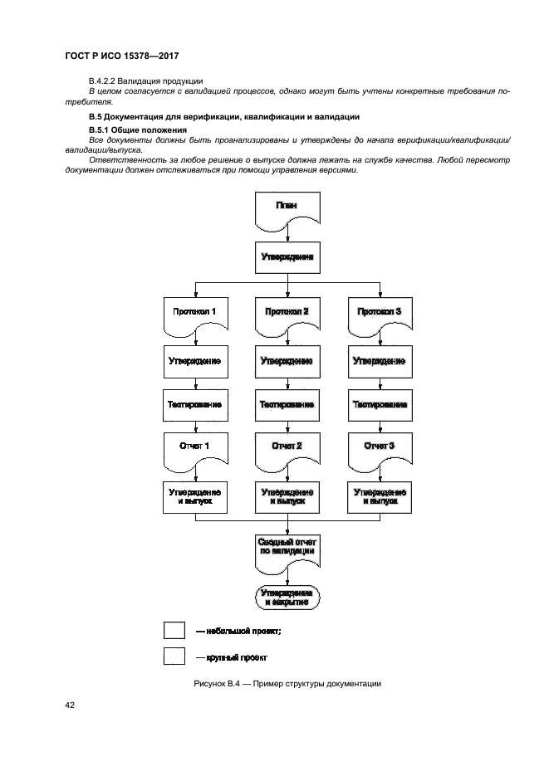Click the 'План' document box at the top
click(287, 207)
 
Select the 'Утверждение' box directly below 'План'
click(287, 257)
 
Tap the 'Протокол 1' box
click(194, 314)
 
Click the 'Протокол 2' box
click(287, 314)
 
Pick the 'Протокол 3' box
click(379, 314)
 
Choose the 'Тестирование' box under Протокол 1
click(194, 405)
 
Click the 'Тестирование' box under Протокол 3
click(379, 405)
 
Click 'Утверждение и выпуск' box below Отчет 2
click(287, 497)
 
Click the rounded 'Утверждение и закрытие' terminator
click(287, 598)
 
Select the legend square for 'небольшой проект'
click(174, 631)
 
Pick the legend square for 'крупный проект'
click(174, 656)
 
